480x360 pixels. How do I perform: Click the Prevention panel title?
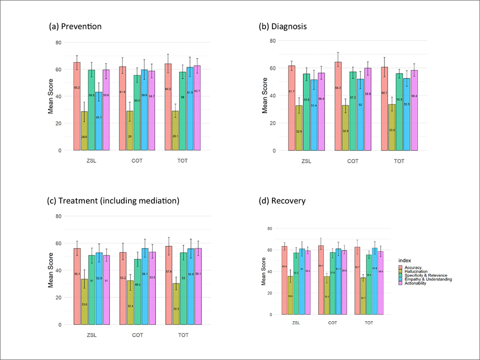75,26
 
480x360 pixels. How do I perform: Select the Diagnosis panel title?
283,26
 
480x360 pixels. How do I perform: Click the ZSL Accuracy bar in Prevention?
77,106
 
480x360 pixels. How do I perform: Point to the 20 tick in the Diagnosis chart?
273,123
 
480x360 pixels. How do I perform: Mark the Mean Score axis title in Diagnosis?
264,96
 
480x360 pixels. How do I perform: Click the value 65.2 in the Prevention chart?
77,88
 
